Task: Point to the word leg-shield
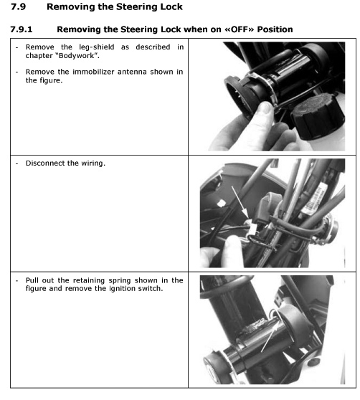tap(98, 47)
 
